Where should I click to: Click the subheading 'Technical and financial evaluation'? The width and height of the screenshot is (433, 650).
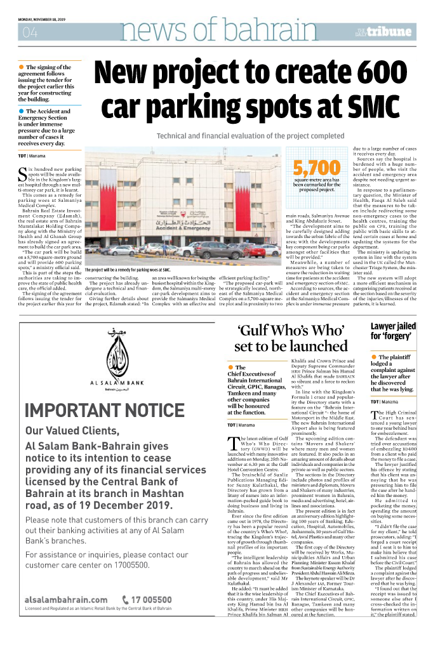coord(250,136)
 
